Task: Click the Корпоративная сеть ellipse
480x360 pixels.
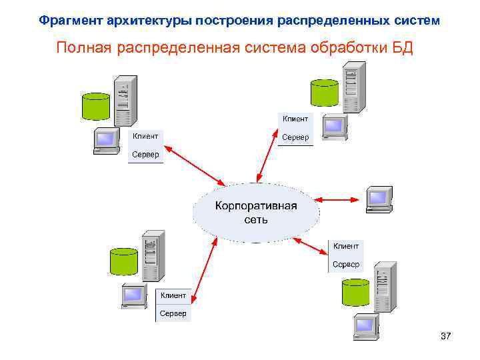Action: [255, 211]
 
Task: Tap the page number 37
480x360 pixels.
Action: [446, 337]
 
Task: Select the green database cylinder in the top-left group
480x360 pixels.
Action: [95, 106]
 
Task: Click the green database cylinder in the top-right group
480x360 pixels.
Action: [325, 92]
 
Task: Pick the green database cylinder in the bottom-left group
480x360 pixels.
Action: [123, 262]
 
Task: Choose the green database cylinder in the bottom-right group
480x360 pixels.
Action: [355, 292]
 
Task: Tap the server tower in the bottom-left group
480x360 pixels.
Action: [153, 255]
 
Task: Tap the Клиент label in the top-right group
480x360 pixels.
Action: [295, 119]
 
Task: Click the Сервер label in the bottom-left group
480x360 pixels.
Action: [173, 313]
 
